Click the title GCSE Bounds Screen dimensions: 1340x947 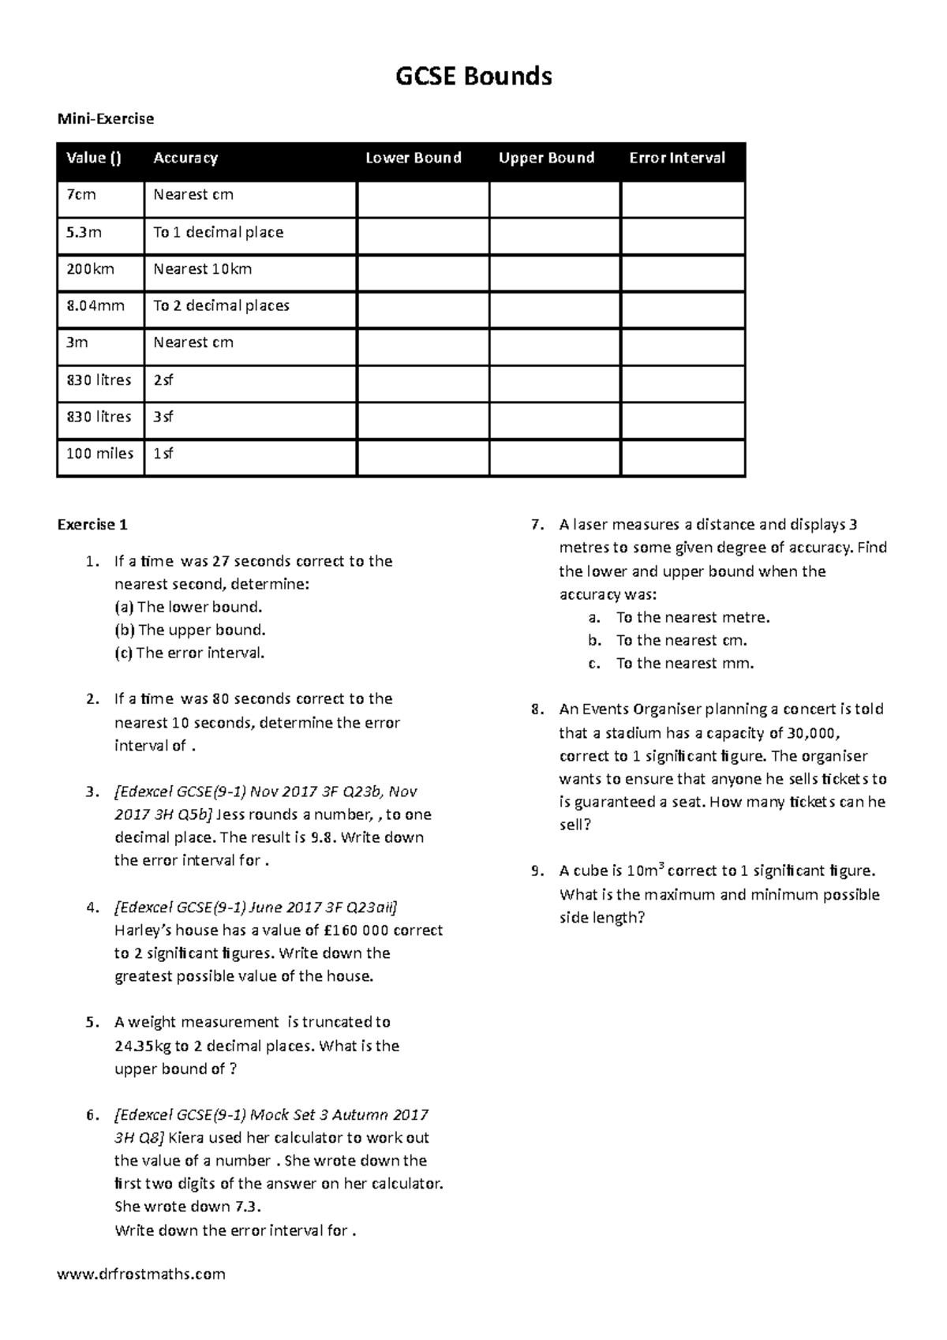(x=473, y=77)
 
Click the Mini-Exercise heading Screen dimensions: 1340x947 (x=105, y=119)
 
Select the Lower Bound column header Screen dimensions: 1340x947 (x=413, y=158)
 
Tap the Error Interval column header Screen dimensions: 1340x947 (x=676, y=158)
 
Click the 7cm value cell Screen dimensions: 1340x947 (x=81, y=195)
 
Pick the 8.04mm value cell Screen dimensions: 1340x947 (x=95, y=305)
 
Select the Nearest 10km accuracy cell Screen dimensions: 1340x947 (x=203, y=269)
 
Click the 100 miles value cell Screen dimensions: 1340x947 (x=100, y=454)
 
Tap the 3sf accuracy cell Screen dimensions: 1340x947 (x=163, y=417)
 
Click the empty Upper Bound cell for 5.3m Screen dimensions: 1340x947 (x=554, y=236)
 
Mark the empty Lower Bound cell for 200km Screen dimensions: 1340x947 (x=423, y=273)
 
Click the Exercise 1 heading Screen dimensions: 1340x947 (x=92, y=525)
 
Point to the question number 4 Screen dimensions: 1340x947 (x=92, y=907)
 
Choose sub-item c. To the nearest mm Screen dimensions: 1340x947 (x=684, y=663)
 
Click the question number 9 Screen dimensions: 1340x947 (x=537, y=871)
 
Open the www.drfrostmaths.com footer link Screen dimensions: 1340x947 (x=141, y=1274)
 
